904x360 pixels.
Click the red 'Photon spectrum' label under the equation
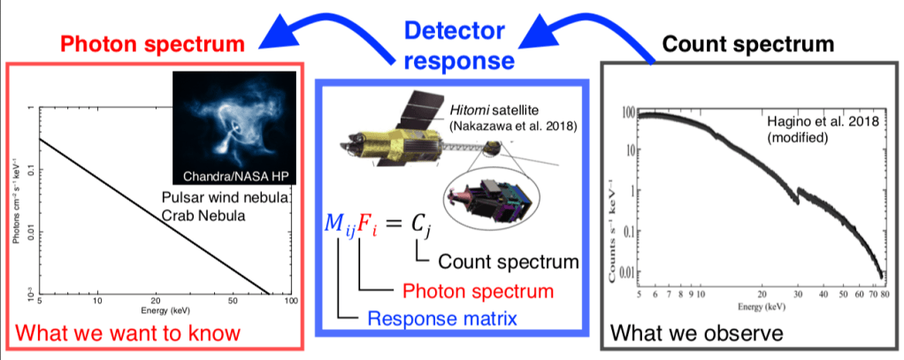pyautogui.click(x=478, y=290)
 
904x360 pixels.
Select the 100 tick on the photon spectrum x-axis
pyautogui.click(x=289, y=303)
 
